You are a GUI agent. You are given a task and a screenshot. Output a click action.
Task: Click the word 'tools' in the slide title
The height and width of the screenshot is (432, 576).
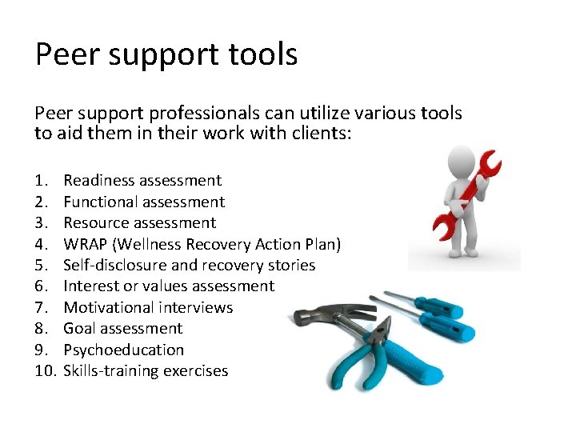pos(265,54)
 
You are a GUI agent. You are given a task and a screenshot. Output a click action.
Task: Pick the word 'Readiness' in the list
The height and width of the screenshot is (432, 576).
pos(98,181)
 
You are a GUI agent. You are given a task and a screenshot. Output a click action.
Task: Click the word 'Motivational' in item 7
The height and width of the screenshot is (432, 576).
pos(109,307)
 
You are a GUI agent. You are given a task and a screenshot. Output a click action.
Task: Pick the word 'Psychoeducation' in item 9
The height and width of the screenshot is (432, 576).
pos(123,350)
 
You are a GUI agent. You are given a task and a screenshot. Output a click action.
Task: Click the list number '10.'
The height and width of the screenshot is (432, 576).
pos(45,370)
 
